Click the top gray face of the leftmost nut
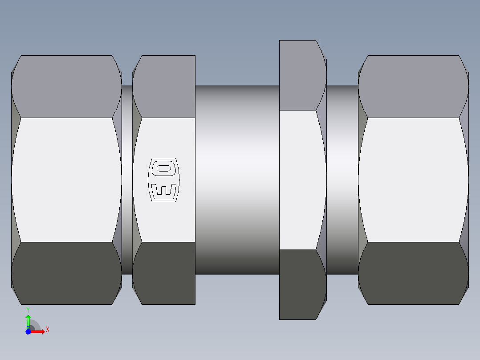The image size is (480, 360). [67, 87]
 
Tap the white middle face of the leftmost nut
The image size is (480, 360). [67, 180]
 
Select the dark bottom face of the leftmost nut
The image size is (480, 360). [67, 273]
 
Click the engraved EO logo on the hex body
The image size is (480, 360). [163, 180]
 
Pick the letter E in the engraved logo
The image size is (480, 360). [163, 191]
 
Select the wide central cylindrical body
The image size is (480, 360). [237, 180]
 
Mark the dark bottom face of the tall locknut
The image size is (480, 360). [301, 284]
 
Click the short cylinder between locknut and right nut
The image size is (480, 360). [342, 180]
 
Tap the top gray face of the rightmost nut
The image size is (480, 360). [413, 87]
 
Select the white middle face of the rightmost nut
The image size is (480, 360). [413, 180]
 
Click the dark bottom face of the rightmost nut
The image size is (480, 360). [413, 273]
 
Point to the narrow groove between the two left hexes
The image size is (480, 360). [127, 180]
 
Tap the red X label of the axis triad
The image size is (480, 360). [47, 330]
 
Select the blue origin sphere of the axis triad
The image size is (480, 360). [28, 331]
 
